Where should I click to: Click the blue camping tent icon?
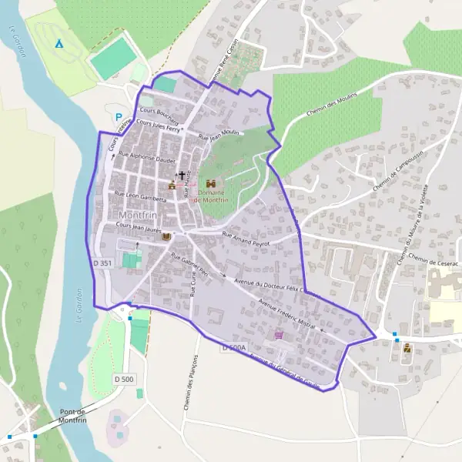[59, 42]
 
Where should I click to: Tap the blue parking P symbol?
[118, 119]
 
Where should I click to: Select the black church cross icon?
[182, 176]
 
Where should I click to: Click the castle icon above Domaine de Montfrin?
[209, 183]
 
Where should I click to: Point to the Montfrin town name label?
[139, 214]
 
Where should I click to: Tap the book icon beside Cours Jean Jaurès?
[164, 238]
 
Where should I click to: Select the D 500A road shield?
[234, 348]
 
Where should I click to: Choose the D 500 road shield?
[123, 379]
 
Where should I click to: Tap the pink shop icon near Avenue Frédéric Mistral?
[278, 336]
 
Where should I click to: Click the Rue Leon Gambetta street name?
[140, 197]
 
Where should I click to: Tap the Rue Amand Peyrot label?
[247, 238]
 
